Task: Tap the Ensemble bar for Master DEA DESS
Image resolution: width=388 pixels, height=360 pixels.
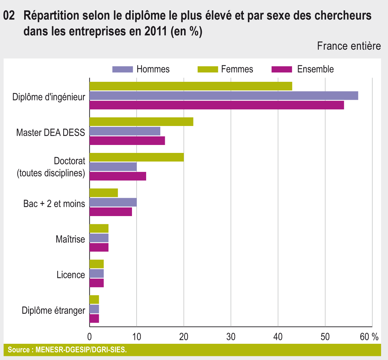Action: tap(127, 141)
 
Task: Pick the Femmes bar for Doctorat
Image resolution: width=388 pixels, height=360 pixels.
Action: tap(136, 157)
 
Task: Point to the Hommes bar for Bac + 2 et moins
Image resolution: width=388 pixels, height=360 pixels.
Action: tap(113, 202)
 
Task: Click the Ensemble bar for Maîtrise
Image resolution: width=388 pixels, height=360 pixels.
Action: tap(99, 247)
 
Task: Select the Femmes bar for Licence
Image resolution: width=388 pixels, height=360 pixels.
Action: tap(96, 264)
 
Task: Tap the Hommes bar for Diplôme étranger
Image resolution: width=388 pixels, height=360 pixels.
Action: tap(94, 309)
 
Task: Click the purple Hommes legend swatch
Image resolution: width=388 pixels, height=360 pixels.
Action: tap(123, 69)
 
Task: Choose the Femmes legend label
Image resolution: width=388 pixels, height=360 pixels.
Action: tap(237, 69)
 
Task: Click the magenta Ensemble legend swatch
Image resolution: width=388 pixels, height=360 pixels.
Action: tap(282, 69)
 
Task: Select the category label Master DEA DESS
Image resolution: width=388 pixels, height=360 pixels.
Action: tap(50, 132)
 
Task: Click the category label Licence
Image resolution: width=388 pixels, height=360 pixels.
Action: tap(71, 275)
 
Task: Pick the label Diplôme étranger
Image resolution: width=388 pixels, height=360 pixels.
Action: tap(53, 311)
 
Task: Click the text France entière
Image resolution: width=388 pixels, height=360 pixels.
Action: tap(349, 46)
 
